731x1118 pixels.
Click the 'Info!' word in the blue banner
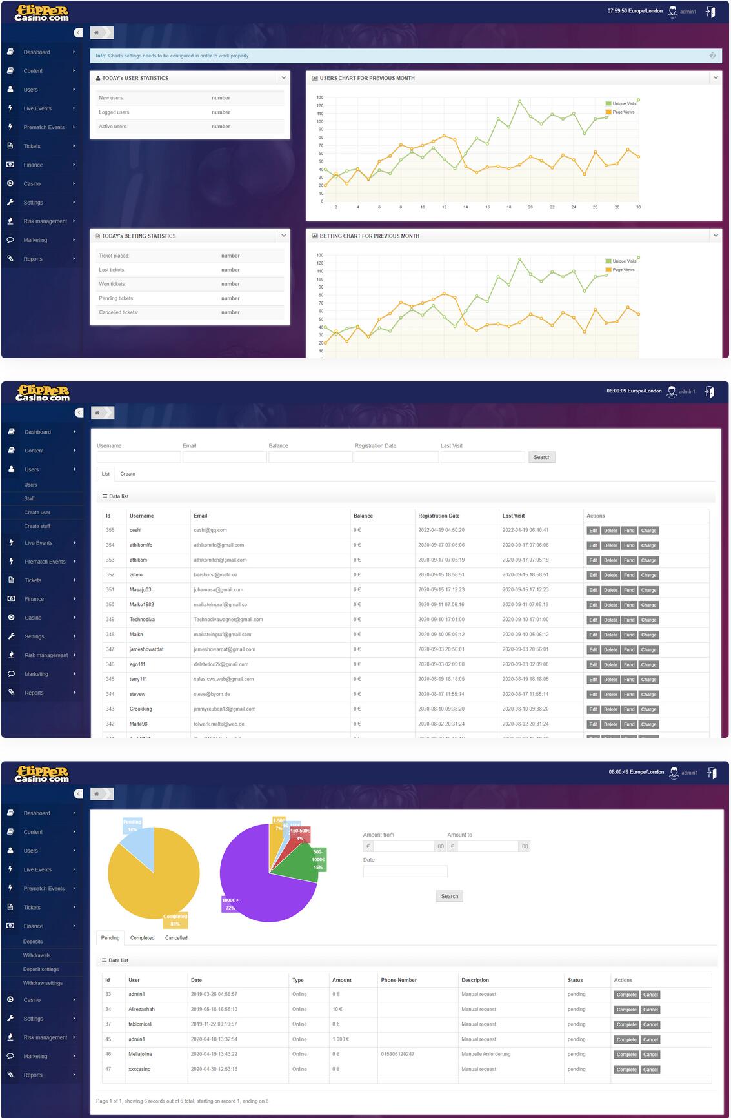point(101,56)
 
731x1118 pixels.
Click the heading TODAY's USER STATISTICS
point(135,78)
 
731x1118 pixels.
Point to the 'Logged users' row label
point(114,112)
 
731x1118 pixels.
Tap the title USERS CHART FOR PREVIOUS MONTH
point(367,78)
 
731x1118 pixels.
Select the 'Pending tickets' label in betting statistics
point(116,298)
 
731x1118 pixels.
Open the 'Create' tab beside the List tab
point(128,474)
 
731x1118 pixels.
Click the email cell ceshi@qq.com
point(210,530)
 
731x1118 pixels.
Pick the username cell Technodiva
point(142,620)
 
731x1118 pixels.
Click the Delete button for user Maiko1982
point(610,605)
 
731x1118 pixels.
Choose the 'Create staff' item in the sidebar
point(37,526)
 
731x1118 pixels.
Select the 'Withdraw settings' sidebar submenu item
point(43,983)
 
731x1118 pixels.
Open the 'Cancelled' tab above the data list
point(176,938)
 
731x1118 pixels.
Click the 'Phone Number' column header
point(399,980)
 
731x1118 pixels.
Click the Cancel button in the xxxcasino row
point(650,1070)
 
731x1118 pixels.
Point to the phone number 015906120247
point(397,1054)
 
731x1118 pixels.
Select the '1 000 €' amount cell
point(341,1039)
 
